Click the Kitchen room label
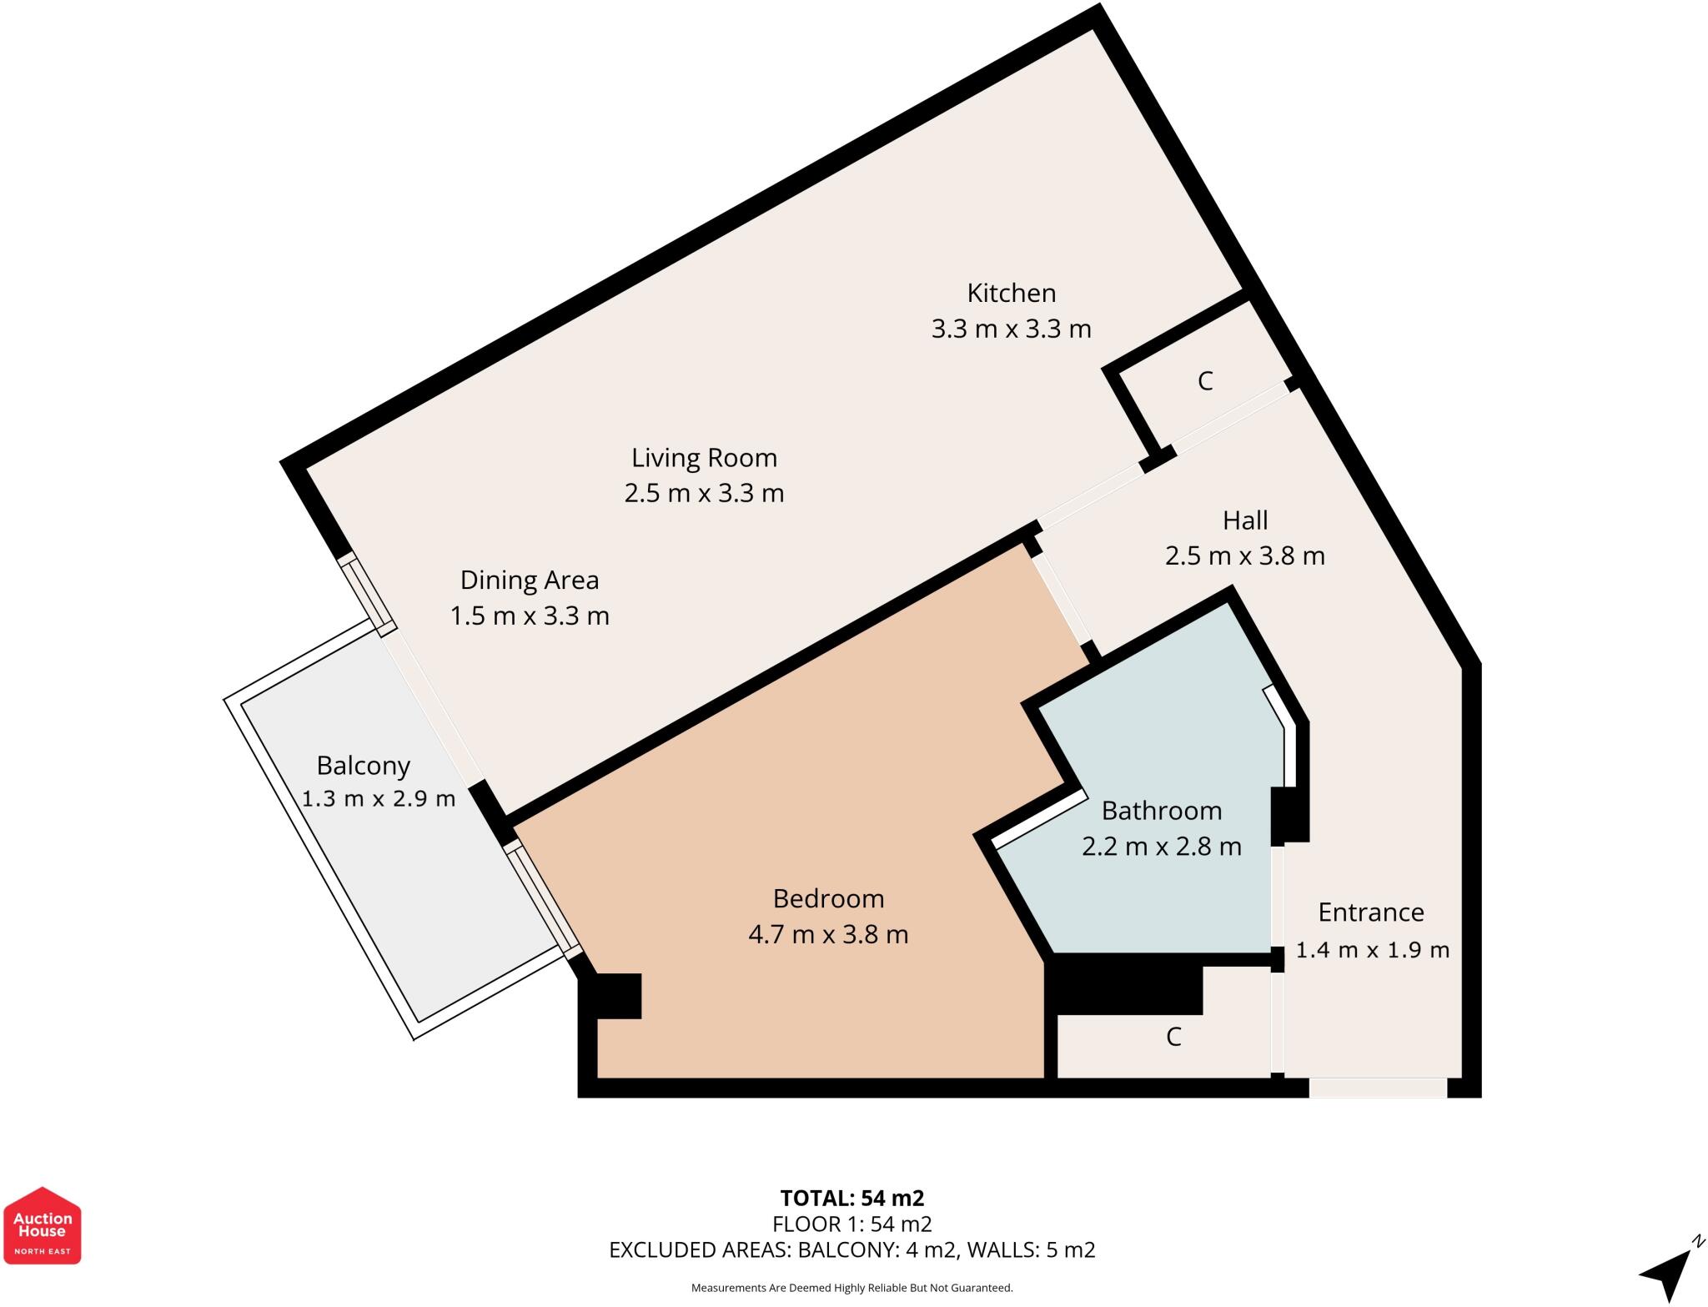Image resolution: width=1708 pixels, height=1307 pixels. tap(1011, 293)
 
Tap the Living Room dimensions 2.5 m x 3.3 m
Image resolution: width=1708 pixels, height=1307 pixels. tap(704, 493)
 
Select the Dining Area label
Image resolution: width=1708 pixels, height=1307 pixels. tap(530, 580)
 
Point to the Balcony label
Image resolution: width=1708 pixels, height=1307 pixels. tap(363, 765)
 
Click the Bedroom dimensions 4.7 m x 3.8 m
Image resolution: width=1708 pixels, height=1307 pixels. tap(827, 934)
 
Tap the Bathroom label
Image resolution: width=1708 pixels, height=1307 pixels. tap(1161, 811)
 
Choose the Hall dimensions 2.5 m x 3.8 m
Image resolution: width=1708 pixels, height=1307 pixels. tap(1244, 555)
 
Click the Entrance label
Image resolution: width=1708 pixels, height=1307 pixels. tap(1370, 912)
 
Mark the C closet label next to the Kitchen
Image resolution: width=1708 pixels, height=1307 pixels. tap(1204, 381)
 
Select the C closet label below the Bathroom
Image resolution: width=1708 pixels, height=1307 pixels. tap(1173, 1037)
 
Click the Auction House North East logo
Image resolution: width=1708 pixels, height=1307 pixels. tap(43, 1225)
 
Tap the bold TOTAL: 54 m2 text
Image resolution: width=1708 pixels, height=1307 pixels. tap(851, 1199)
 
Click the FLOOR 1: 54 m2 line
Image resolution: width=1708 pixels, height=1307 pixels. tap(851, 1224)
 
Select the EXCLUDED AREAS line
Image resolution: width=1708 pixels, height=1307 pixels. tap(851, 1250)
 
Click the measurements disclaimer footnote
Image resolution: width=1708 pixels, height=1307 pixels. tap(851, 1289)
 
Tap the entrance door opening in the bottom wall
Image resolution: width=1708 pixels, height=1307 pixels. tap(1377, 1088)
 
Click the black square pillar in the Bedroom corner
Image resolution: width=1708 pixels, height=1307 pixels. tap(617, 996)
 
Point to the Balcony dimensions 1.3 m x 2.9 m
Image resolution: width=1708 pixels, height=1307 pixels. tap(378, 799)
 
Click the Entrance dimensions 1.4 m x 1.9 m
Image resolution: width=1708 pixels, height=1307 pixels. tap(1372, 950)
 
